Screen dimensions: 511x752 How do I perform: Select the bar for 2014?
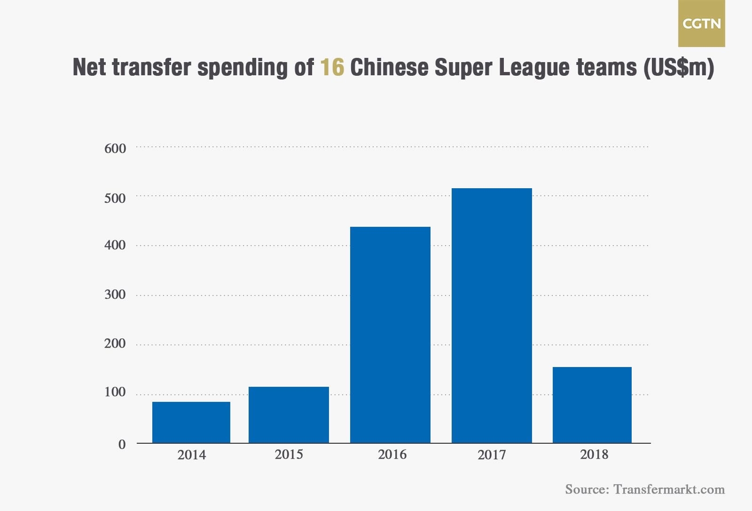(x=191, y=422)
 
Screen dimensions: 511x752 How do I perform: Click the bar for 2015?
(x=289, y=415)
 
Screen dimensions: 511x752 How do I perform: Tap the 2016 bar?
(x=390, y=335)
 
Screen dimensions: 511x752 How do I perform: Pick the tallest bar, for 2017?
(x=492, y=315)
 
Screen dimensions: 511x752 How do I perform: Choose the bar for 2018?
(x=592, y=405)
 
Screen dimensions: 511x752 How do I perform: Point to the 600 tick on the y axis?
(x=115, y=149)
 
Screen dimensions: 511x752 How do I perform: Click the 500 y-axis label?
(x=115, y=198)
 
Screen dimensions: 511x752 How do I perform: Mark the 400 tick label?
(x=115, y=245)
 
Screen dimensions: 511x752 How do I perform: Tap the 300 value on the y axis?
(x=115, y=295)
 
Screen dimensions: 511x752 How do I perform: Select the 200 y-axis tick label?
(x=115, y=343)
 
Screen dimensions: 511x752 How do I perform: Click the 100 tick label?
(x=115, y=392)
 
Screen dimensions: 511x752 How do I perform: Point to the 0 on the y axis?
(x=122, y=444)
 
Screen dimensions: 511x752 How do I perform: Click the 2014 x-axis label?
(x=191, y=455)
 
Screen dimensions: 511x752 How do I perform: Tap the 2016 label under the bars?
(x=392, y=455)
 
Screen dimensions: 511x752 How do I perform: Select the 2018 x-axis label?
(x=594, y=455)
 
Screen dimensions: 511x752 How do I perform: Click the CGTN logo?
(x=701, y=24)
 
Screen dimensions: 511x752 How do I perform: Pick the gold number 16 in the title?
(x=332, y=67)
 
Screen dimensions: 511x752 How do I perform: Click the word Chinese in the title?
(x=389, y=67)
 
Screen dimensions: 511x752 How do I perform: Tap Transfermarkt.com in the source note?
(x=669, y=489)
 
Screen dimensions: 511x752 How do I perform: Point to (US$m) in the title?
(x=679, y=67)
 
